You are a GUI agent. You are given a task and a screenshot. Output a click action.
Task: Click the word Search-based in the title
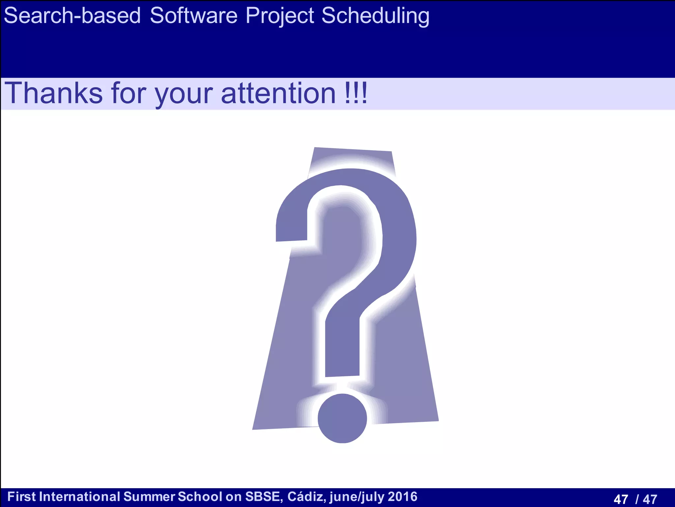72,16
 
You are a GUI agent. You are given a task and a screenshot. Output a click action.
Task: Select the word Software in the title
193,16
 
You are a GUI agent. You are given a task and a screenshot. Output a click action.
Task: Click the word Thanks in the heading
53,93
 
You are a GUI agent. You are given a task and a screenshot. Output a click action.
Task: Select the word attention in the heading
278,93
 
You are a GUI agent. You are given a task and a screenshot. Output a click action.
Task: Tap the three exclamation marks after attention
356,93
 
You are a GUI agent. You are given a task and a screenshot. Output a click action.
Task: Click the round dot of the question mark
342,418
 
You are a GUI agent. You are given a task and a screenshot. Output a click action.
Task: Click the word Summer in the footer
149,497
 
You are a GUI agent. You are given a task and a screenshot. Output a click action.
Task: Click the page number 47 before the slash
621,499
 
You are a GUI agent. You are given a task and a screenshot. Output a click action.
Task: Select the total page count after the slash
650,499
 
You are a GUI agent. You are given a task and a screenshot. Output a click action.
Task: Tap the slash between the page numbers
637,499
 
